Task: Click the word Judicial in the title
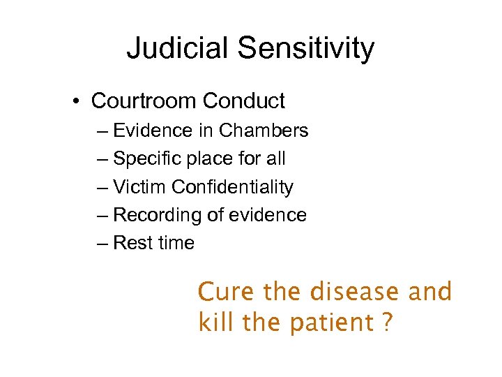(178, 49)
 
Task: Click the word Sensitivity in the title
(306, 49)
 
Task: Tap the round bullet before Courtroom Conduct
(75, 101)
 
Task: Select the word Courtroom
(144, 101)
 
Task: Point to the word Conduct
(243, 101)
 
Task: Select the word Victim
(139, 187)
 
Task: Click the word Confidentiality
(232, 187)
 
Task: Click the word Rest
(132, 243)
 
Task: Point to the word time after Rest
(176, 243)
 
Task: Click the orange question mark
(388, 323)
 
